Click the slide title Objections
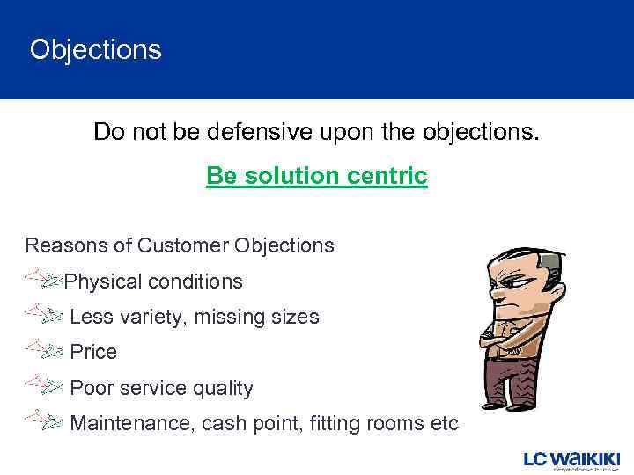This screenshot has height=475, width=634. coord(96,49)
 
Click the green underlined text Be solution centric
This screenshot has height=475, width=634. coord(316,176)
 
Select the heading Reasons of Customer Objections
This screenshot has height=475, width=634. coord(180,245)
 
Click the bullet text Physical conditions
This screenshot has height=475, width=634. coord(154,282)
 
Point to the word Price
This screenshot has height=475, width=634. coord(93,352)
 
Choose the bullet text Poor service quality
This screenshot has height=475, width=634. coord(161,388)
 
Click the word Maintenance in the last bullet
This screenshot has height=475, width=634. coord(131,423)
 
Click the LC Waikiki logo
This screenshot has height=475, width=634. coord(571,461)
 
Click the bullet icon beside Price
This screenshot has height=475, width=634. coord(43,349)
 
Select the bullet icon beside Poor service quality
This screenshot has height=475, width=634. coord(43,385)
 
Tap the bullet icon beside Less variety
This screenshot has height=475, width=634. coord(43,313)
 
